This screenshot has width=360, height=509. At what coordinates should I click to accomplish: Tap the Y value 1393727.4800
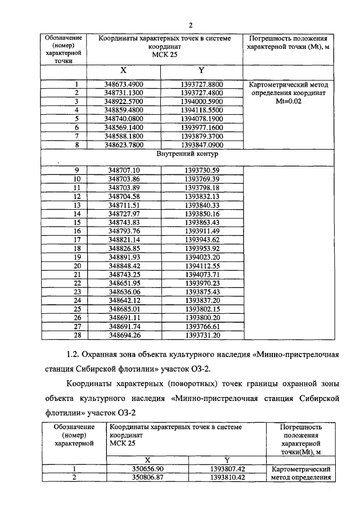pyautogui.click(x=201, y=93)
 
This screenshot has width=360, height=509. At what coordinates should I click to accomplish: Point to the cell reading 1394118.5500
pyautogui.click(x=201, y=110)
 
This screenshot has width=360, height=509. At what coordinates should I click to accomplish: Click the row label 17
pyautogui.click(x=78, y=240)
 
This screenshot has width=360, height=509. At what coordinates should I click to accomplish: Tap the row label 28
pyautogui.click(x=78, y=335)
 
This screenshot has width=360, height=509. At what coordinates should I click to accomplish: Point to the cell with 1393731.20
pyautogui.click(x=201, y=335)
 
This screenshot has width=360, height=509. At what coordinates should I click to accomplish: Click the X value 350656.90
pyautogui.click(x=147, y=469)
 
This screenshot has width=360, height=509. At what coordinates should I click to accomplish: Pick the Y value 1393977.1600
pyautogui.click(x=201, y=128)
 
